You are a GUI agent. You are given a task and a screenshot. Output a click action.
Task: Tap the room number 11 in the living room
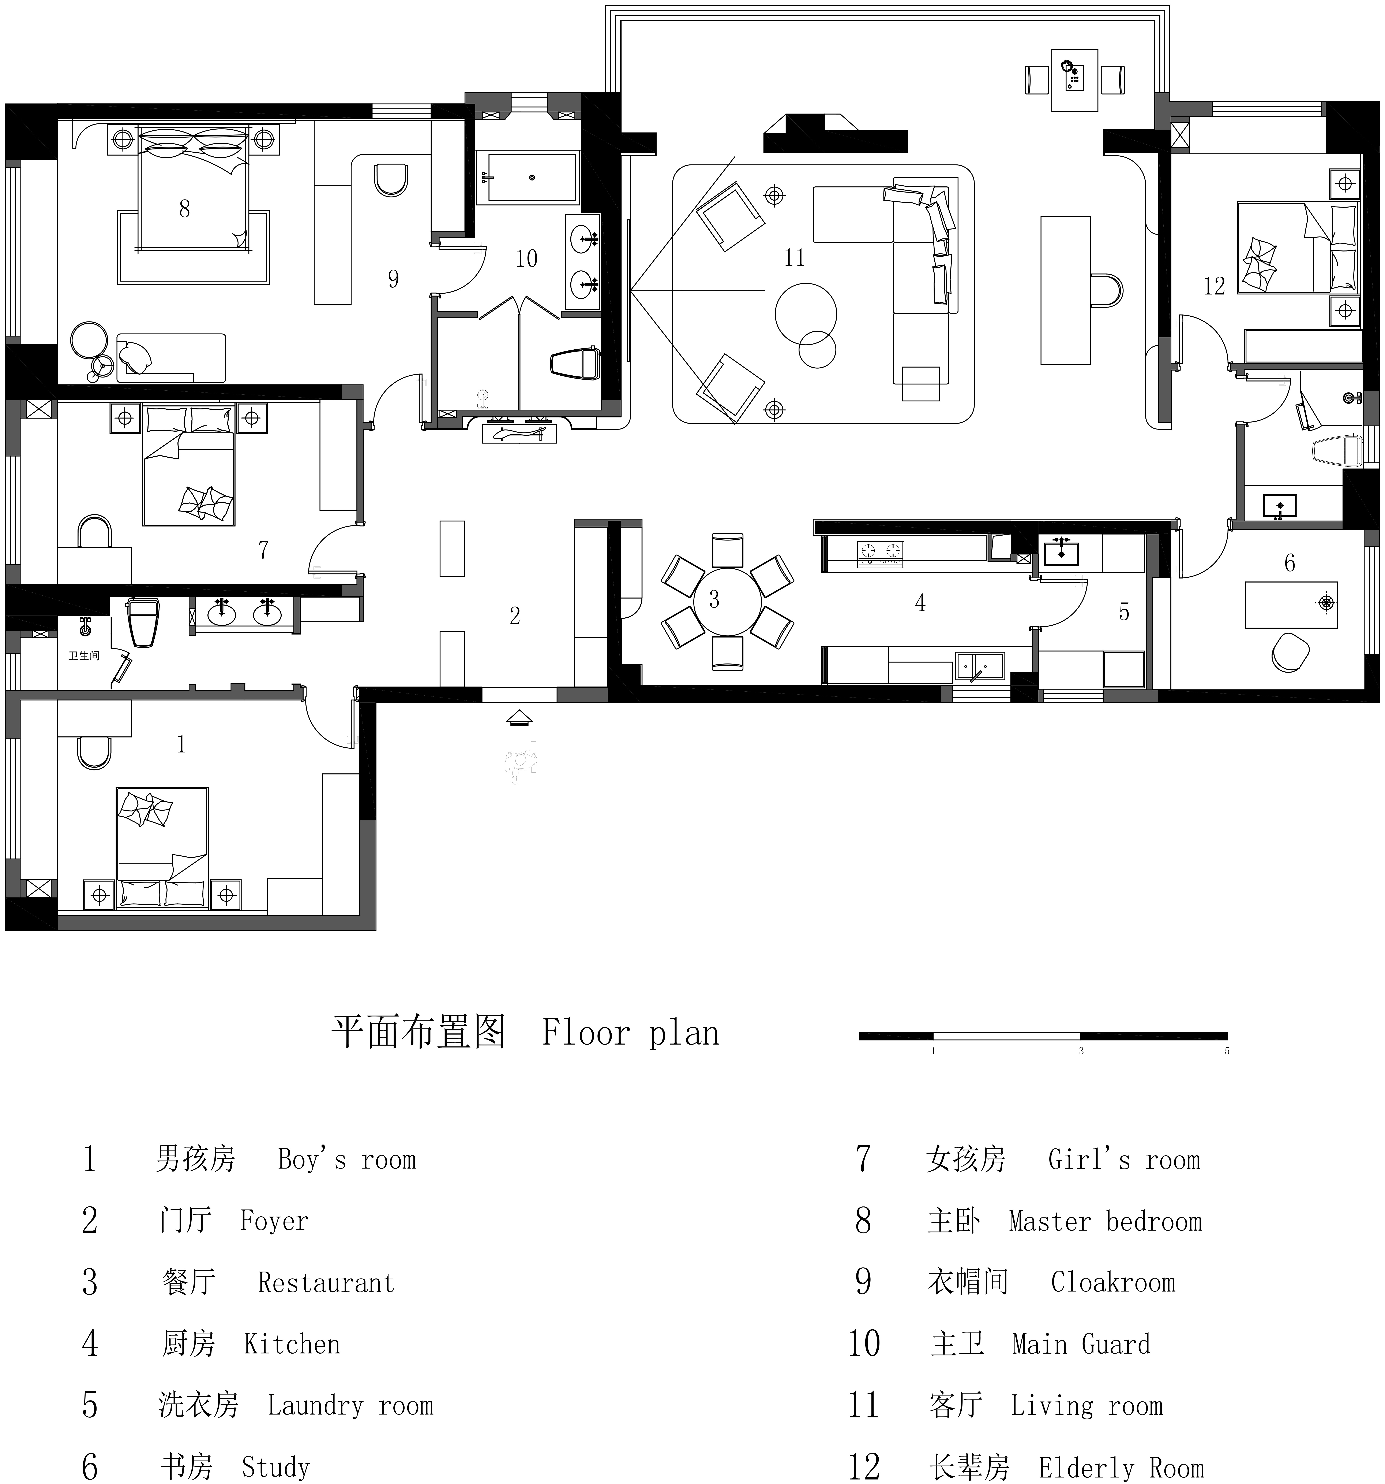click(794, 258)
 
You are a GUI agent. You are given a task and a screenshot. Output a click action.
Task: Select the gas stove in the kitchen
click(881, 552)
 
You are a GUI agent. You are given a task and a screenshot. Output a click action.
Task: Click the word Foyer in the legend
click(274, 1220)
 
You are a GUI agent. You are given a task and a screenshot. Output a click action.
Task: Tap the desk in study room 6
click(1291, 605)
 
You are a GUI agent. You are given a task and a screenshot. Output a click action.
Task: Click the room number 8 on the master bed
click(184, 209)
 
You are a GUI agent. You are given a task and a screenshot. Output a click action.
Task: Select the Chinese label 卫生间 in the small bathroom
click(84, 655)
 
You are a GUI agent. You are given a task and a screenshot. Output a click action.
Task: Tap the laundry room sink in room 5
click(1060, 552)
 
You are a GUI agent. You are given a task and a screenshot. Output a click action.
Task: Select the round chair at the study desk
click(1290, 652)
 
